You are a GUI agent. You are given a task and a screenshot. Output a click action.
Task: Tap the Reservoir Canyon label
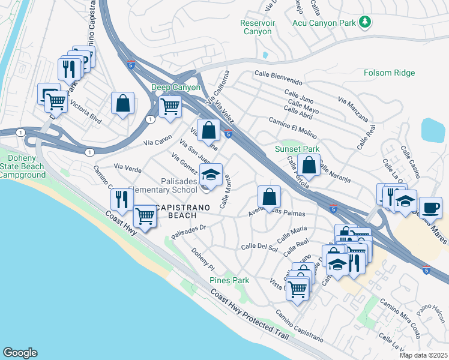[x=256, y=27]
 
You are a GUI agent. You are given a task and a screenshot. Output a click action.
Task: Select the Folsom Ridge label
[x=389, y=73]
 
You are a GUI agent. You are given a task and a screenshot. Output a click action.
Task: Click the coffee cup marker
[x=430, y=208]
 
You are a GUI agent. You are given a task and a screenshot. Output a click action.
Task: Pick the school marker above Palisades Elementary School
[x=211, y=175]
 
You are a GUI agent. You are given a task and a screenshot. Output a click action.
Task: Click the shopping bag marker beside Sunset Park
[x=309, y=164]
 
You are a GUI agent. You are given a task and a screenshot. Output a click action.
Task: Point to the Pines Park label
[x=229, y=280]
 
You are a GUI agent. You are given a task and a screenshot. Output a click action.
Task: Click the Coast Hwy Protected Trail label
[x=250, y=314]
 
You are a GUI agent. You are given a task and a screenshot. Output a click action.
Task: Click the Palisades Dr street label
[x=188, y=232]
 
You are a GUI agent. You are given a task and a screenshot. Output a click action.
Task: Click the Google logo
[x=20, y=353]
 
